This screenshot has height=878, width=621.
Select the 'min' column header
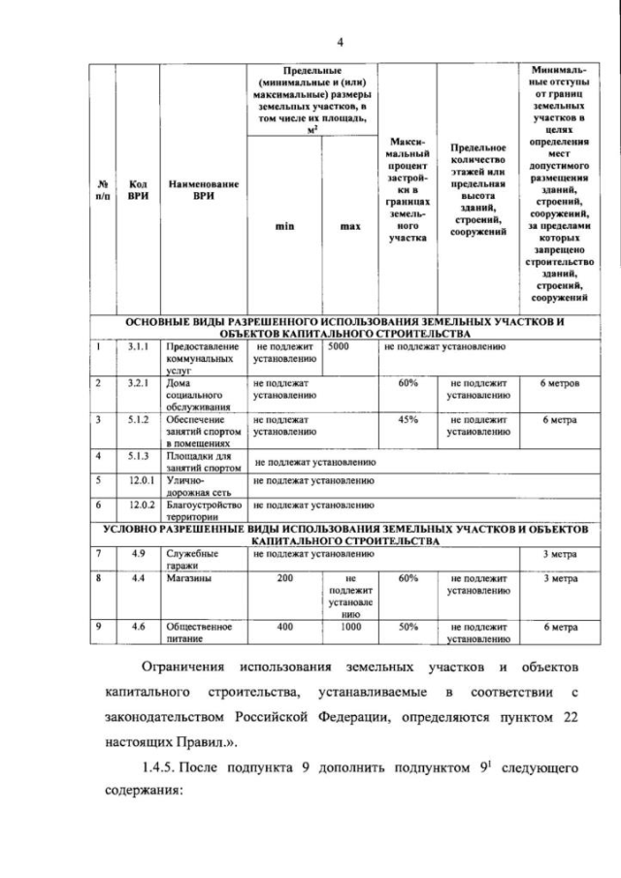pos(284,226)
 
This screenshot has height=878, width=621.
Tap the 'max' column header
pos(350,226)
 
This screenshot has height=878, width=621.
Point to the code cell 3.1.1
pos(137,345)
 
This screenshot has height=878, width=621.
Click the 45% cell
pos(408,419)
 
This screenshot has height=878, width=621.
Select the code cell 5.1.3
pos(137,455)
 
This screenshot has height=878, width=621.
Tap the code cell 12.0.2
pos(137,504)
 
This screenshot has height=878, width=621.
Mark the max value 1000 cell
pos(350,627)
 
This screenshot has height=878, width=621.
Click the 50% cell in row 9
pos(408,627)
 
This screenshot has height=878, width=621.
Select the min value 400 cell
pos(284,627)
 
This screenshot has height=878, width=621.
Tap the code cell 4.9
pos(137,553)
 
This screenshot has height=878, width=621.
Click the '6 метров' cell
pos(560,383)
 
